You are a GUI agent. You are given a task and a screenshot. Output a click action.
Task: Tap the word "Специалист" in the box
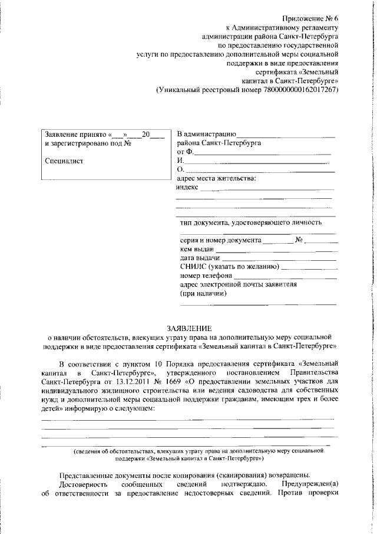(x=64, y=160)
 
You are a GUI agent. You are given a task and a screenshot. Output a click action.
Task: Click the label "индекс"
(x=187, y=187)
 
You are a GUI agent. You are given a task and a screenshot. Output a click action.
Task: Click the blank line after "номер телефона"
(x=286, y=276)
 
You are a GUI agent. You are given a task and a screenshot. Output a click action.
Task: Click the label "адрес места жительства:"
(x=216, y=178)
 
